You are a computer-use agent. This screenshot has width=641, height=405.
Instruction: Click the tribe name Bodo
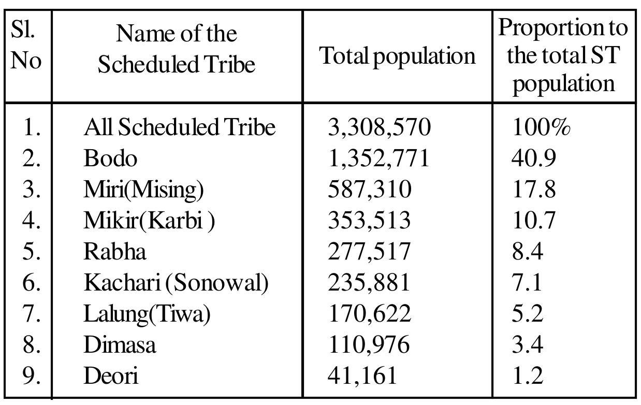110,158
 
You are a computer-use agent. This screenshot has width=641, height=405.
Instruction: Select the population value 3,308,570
379,127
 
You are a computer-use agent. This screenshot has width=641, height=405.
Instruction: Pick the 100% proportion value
541,127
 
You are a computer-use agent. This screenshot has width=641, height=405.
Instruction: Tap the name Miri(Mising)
143,190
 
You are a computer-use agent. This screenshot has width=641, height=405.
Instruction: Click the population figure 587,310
370,190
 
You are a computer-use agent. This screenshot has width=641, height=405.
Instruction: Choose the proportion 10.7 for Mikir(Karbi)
533,221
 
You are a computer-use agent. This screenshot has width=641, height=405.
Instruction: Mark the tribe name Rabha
115,252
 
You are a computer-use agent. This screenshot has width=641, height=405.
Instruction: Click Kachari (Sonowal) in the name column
176,283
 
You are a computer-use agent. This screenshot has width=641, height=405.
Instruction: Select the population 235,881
369,283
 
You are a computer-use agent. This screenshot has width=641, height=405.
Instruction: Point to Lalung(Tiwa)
147,314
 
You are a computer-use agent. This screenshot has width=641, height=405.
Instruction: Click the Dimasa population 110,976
369,345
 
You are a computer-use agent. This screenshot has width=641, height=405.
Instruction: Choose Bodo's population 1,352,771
378,158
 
